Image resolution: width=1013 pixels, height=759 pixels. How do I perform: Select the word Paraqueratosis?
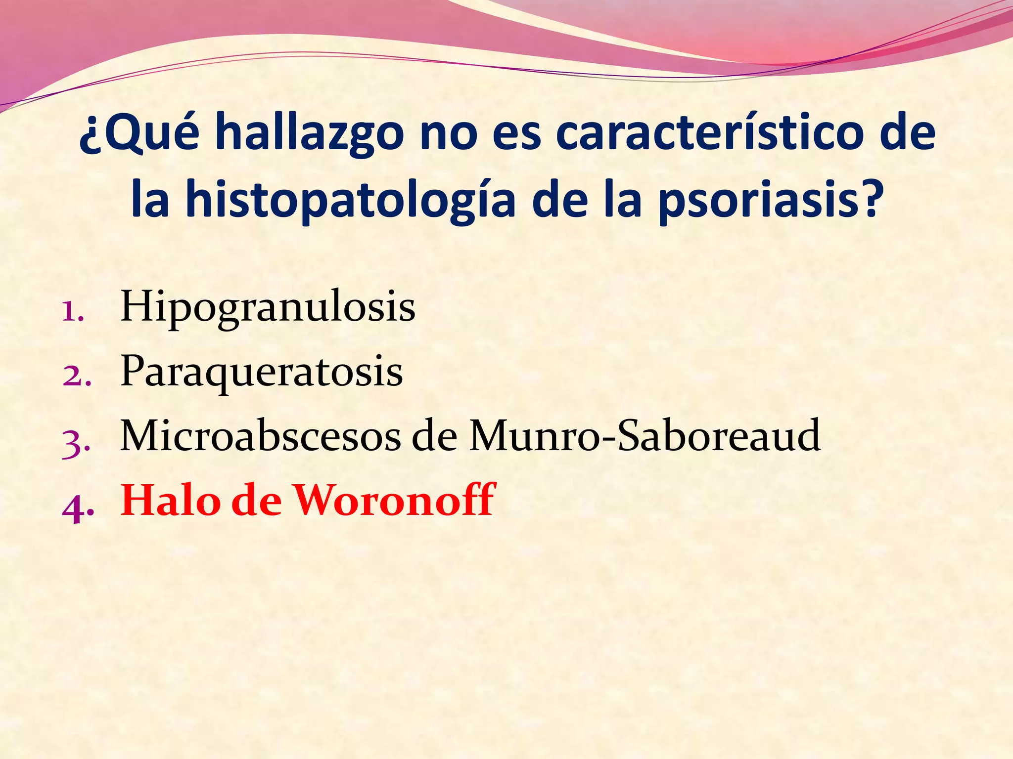pos(262,372)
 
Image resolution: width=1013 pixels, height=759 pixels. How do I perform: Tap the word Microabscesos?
pos(260,435)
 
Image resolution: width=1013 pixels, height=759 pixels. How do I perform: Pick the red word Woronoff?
pos(395,500)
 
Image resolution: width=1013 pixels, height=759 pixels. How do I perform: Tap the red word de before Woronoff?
pos(256,500)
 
